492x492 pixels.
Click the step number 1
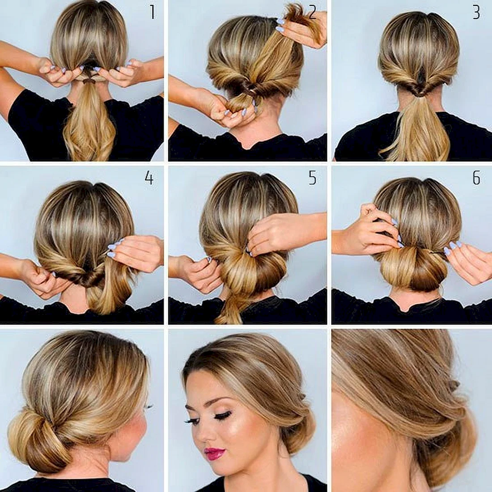tap(153, 12)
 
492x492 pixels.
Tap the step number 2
tap(313, 12)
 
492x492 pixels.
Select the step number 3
tap(476, 12)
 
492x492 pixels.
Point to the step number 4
tap(149, 178)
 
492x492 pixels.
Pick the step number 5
tap(313, 178)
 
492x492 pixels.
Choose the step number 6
tap(476, 178)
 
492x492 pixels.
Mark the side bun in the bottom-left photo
tap(34, 439)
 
